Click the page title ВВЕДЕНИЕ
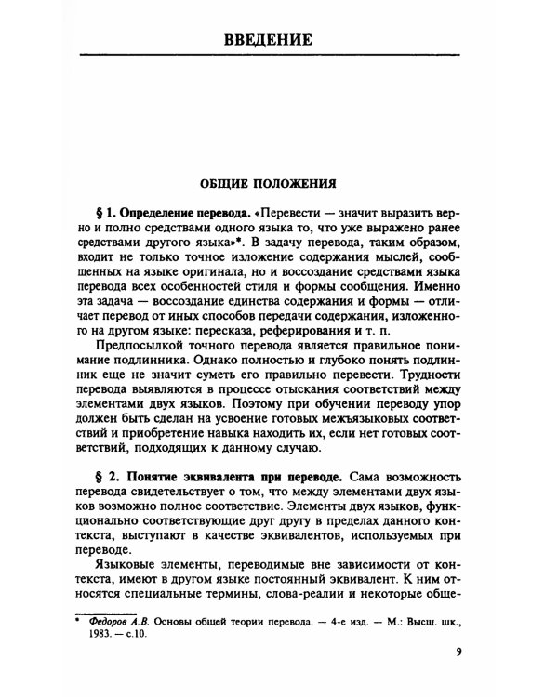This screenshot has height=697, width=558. pos(279,40)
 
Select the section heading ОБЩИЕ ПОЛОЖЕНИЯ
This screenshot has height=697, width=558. pos(279,182)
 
